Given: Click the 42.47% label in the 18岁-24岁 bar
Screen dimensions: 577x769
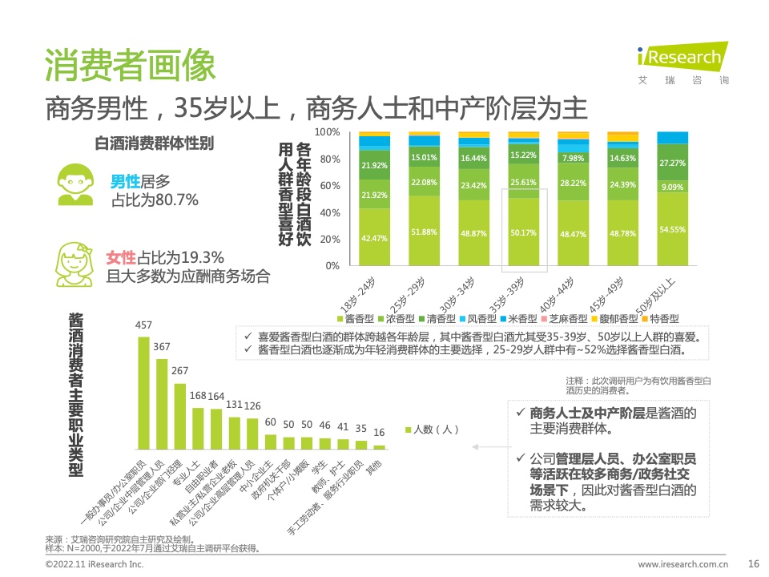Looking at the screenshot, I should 374,238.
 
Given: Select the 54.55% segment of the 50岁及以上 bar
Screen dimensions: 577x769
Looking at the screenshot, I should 671,228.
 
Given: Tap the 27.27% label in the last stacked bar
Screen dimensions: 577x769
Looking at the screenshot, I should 671,163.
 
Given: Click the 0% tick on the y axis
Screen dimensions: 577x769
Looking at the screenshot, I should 332,265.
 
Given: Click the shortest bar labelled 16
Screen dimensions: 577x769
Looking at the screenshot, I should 379,446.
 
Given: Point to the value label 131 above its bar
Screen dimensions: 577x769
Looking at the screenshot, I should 234,405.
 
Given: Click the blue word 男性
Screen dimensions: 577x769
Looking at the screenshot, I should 125,182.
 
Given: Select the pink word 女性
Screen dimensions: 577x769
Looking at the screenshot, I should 121,258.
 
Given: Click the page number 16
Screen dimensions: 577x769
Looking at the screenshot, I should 753,563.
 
